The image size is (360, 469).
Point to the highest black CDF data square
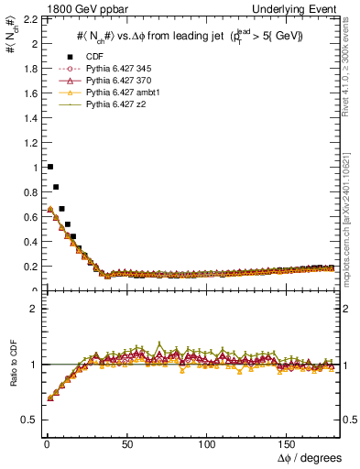tap(49, 167)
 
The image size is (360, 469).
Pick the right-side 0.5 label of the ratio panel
tap(350, 420)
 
